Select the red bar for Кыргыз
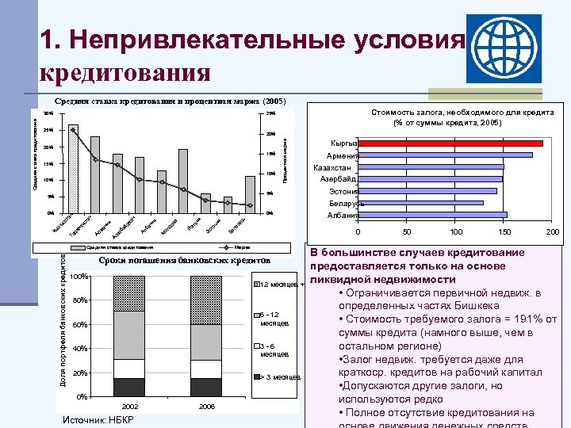pyautogui.click(x=450, y=143)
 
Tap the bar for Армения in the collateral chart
pyautogui.click(x=445, y=155)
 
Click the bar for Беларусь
pyautogui.click(x=420, y=203)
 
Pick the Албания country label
pyautogui.click(x=343, y=215)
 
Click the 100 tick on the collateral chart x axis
pyautogui.click(x=455, y=232)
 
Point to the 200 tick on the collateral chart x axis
pyautogui.click(x=553, y=232)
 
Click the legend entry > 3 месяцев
pyautogui.click(x=278, y=376)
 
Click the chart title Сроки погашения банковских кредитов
pyautogui.click(x=186, y=260)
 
